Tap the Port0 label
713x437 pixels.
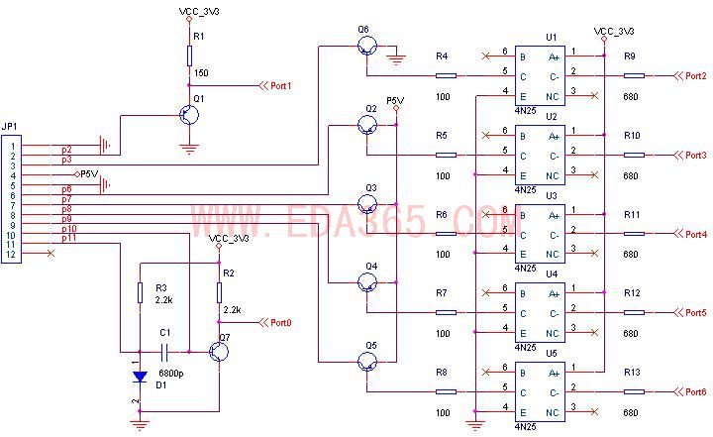pyautogui.click(x=281, y=322)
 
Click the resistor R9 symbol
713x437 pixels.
pyautogui.click(x=634, y=75)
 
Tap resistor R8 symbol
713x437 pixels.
pyautogui.click(x=447, y=391)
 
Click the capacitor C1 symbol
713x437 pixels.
pyautogui.click(x=166, y=351)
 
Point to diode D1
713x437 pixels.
pyautogui.click(x=140, y=377)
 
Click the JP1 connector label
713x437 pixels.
pyautogui.click(x=10, y=126)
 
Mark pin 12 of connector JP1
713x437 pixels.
pyautogui.click(x=11, y=255)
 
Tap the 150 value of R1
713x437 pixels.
pyautogui.click(x=200, y=72)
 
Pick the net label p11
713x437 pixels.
pyautogui.click(x=69, y=239)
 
